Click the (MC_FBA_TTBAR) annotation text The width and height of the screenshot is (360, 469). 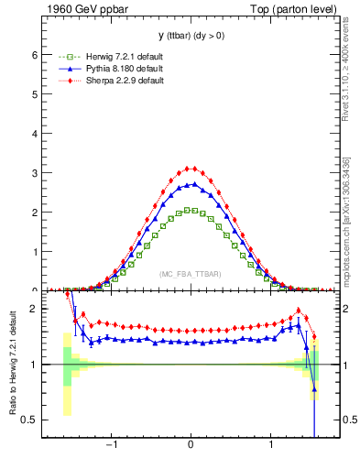(x=190, y=274)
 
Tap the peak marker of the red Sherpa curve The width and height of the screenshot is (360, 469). (x=190, y=169)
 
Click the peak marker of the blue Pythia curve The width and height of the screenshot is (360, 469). (x=191, y=184)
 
